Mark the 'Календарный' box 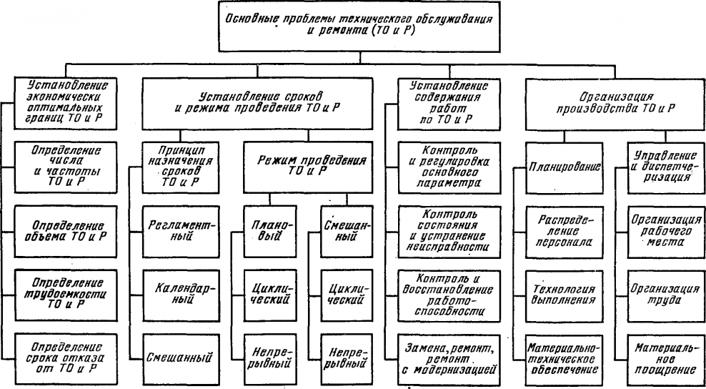point(171,290)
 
